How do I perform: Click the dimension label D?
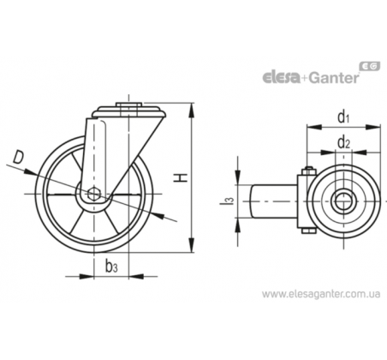pyautogui.click(x=18, y=158)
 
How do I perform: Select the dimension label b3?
pyautogui.click(x=111, y=267)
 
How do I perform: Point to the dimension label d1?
pyautogui.click(x=343, y=117)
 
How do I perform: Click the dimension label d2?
pyautogui.click(x=343, y=143)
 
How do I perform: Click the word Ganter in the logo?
pyautogui.click(x=334, y=77)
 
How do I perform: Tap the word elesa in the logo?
pyautogui.click(x=281, y=78)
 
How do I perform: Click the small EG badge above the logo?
pyautogui.click(x=371, y=66)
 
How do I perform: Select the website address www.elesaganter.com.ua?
pyautogui.click(x=321, y=294)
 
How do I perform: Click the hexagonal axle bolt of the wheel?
pyautogui.click(x=93, y=194)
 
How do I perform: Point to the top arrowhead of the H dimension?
pyautogui.click(x=192, y=110)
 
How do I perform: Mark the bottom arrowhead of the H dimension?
pyautogui.click(x=192, y=245)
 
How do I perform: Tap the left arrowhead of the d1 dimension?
pyautogui.click(x=314, y=127)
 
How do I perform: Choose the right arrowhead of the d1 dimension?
pyautogui.click(x=373, y=127)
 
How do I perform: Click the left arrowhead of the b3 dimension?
pyautogui.click(x=86, y=277)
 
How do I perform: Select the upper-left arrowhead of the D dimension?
pyautogui.click(x=30, y=172)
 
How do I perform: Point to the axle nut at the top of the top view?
pyautogui.click(x=308, y=171)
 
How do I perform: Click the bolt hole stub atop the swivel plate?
pyautogui.click(x=129, y=105)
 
